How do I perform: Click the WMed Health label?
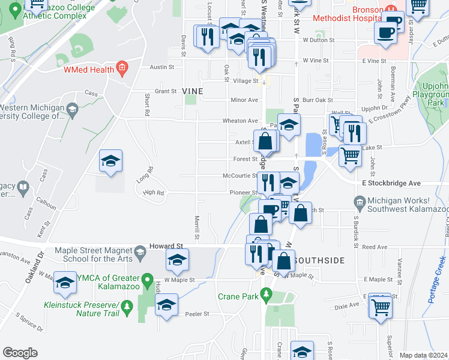[90, 69]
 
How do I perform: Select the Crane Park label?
[237, 296]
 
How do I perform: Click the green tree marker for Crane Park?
[270, 295]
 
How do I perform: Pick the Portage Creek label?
[437, 279]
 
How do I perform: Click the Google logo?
[20, 352]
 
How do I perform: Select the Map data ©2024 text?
[423, 355]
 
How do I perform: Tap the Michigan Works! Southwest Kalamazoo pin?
[360, 201]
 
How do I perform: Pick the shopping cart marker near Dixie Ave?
[381, 306]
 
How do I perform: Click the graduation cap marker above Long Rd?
[111, 161]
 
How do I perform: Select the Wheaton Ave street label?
[240, 121]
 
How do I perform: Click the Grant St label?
[165, 91]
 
